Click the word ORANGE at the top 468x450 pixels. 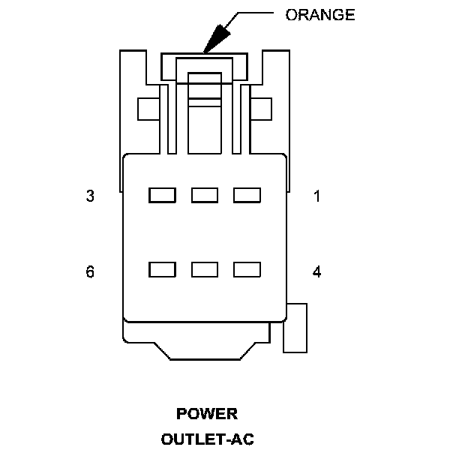point(320,15)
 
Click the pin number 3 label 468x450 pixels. point(90,196)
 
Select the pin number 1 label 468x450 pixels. point(317,196)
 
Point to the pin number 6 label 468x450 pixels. point(90,271)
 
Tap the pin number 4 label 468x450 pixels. point(317,271)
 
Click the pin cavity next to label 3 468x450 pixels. point(162,196)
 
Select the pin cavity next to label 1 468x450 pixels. point(247,196)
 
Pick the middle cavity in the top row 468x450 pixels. point(205,196)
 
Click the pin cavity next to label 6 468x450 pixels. point(162,269)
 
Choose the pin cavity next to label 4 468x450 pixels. point(247,269)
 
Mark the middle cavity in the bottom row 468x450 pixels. point(205,269)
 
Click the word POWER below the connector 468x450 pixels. point(207,414)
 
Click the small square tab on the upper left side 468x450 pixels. point(148,109)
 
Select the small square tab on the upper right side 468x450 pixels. point(261,109)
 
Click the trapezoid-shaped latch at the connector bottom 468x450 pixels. point(205,349)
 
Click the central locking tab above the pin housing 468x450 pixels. point(205,112)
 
